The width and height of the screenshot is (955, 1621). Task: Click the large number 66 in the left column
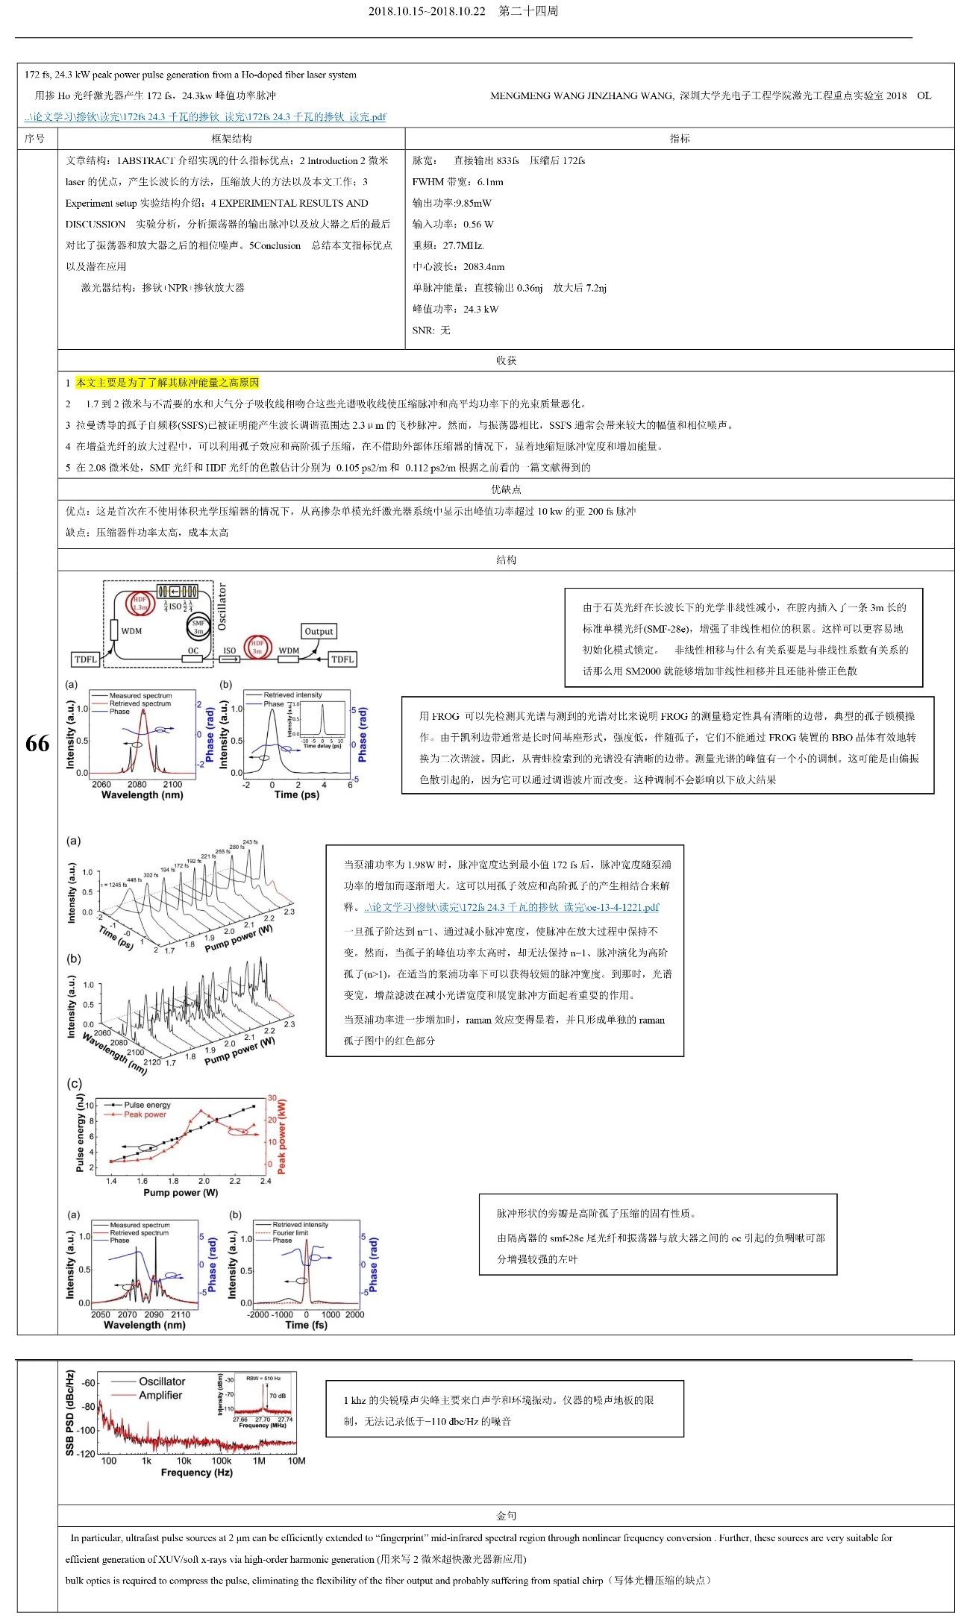[x=37, y=743]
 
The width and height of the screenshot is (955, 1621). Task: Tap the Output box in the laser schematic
[x=319, y=631]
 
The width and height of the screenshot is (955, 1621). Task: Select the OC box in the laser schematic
[x=194, y=650]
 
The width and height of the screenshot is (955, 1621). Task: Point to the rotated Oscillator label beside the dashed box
[x=222, y=606]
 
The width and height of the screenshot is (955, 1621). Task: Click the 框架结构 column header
[x=231, y=139]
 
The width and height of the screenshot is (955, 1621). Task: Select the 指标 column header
[x=680, y=139]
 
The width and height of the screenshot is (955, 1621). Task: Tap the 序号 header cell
[x=35, y=139]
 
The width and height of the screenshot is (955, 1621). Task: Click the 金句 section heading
[x=506, y=1515]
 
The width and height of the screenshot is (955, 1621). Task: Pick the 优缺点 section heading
[x=506, y=489]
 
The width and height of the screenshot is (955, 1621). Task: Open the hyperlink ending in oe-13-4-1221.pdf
[x=512, y=907]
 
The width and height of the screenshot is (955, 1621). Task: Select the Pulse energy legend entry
[x=146, y=1105]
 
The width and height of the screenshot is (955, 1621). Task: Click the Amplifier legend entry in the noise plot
[x=160, y=1395]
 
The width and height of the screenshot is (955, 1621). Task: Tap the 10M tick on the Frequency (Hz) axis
[x=296, y=1461]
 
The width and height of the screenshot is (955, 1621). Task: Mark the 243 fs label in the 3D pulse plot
[x=250, y=842]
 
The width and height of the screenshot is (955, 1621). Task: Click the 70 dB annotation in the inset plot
[x=278, y=1395]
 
